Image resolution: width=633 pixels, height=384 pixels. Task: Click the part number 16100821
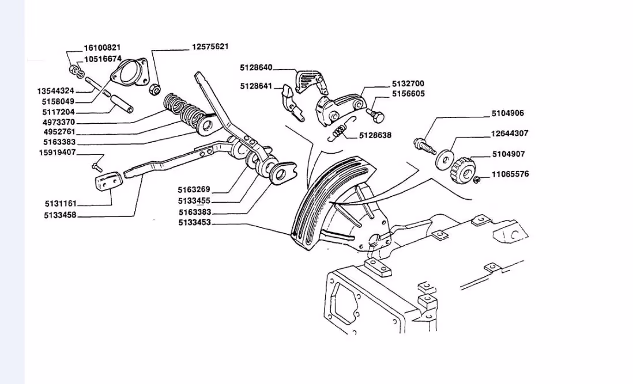102,48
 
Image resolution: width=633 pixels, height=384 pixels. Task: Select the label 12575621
210,47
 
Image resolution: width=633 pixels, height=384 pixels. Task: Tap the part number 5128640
256,67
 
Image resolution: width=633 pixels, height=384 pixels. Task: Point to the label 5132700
408,84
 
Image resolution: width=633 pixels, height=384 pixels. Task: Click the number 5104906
508,114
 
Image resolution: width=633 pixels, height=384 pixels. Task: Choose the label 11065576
510,174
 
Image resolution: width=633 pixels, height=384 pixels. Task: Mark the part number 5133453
195,223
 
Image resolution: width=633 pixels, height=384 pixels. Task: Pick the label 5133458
60,216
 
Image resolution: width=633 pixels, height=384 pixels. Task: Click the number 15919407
57,153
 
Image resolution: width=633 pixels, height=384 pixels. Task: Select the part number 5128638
375,136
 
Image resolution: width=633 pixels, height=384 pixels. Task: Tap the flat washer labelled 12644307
444,157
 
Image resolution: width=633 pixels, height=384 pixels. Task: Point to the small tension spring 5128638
341,134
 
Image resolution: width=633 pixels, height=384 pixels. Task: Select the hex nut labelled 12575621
154,90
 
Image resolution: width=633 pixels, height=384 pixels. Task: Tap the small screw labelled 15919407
96,167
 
